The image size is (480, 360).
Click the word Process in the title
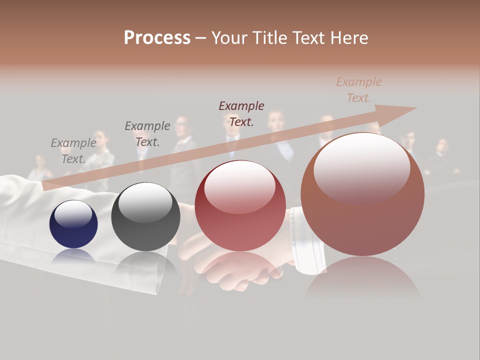point(157,37)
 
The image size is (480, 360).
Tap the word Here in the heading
point(348,37)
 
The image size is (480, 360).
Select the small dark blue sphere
point(73,224)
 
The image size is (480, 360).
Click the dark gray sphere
point(145,216)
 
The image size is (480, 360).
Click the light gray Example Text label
point(73,150)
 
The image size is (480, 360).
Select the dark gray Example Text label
point(147,133)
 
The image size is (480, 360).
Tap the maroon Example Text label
point(241,113)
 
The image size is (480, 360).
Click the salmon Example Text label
point(359,89)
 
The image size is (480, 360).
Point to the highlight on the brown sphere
point(361,167)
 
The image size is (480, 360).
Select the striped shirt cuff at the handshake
point(306,240)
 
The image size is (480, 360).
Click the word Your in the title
point(230,37)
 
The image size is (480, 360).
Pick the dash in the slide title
point(200,38)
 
